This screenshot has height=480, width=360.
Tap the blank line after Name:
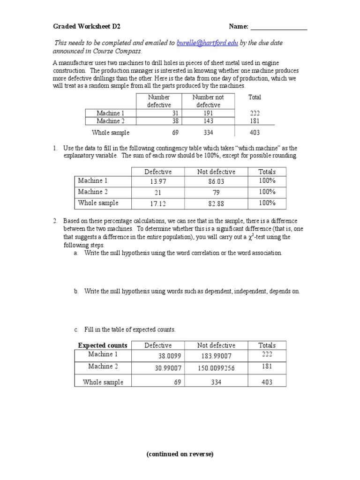279,27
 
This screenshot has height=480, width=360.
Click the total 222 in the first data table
255,113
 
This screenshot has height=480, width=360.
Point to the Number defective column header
159,101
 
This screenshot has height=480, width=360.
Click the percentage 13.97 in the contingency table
158,182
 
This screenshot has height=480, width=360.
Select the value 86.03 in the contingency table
216,182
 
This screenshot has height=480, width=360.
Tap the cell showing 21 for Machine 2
158,193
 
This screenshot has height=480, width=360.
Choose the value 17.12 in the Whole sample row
158,204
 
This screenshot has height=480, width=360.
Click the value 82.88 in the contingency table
216,204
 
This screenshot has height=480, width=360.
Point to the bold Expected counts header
103,345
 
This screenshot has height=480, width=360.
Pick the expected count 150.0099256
216,368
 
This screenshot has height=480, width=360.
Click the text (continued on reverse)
180,454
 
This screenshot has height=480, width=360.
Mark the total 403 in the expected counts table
267,382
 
